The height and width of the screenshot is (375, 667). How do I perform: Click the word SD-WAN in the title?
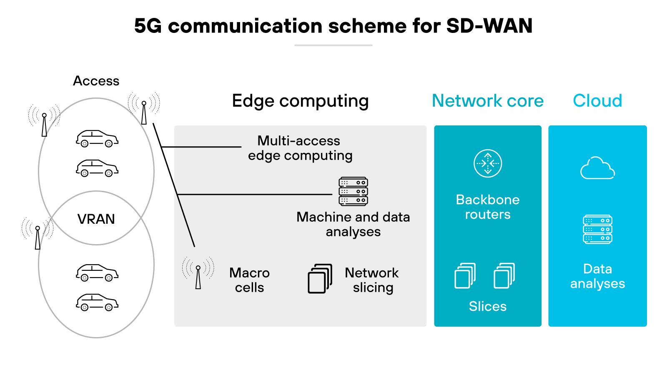(x=489, y=26)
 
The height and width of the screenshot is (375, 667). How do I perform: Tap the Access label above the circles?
(x=96, y=81)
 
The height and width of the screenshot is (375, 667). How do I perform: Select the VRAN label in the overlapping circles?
(x=96, y=219)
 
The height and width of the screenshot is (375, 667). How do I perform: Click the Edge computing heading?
(x=300, y=101)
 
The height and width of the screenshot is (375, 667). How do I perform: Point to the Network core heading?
(x=487, y=101)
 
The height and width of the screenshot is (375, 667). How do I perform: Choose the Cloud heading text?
(x=597, y=101)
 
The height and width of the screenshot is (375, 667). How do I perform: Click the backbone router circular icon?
(x=488, y=163)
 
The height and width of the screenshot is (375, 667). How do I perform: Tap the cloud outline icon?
(x=597, y=169)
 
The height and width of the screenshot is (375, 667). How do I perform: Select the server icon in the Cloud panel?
(x=597, y=229)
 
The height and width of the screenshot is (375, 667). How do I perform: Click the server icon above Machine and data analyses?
(x=353, y=191)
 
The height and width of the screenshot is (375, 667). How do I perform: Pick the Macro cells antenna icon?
(x=198, y=273)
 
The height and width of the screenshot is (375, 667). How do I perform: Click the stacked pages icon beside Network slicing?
(x=320, y=278)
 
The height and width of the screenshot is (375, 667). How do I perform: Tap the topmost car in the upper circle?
(x=97, y=139)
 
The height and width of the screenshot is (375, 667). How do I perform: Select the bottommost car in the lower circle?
(x=97, y=302)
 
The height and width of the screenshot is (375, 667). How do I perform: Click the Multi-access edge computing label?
(x=300, y=148)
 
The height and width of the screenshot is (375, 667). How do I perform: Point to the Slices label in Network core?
(x=487, y=306)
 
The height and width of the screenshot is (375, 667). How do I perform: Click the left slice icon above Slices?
(x=465, y=275)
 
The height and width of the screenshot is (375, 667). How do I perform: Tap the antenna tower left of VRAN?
(x=38, y=235)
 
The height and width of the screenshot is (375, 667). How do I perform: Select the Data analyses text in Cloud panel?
(x=597, y=276)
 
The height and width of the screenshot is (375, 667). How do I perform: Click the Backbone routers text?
(x=487, y=207)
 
